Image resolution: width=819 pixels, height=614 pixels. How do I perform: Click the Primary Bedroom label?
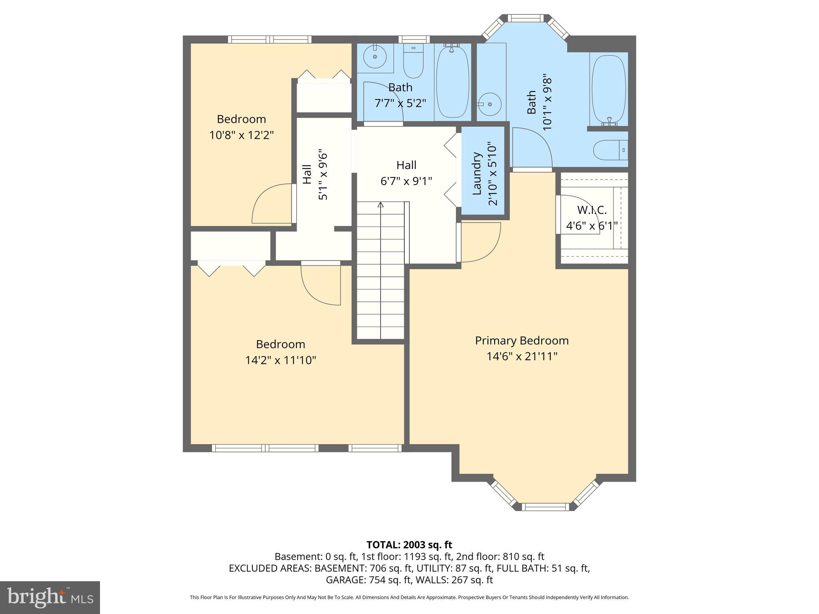tap(521, 341)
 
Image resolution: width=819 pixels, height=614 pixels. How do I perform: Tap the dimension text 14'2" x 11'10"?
tap(280, 360)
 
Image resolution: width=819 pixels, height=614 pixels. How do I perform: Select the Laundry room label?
tap(476, 173)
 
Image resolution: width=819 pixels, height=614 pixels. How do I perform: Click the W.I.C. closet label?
tap(591, 210)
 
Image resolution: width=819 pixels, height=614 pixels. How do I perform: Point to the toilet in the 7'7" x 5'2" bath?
tap(413, 62)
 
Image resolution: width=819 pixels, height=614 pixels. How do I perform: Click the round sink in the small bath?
tap(375, 56)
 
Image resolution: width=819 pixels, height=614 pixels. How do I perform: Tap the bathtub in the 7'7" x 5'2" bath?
tap(452, 82)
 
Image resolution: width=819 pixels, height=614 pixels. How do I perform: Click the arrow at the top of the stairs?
tap(381, 205)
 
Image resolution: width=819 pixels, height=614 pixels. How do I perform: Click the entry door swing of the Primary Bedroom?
tap(480, 242)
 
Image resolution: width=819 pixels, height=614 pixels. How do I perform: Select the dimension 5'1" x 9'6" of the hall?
tap(323, 176)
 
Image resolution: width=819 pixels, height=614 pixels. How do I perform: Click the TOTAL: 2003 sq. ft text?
tap(409, 544)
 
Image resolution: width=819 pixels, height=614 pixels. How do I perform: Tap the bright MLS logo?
tap(50, 597)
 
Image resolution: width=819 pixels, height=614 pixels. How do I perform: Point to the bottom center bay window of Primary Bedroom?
tap(545, 507)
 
